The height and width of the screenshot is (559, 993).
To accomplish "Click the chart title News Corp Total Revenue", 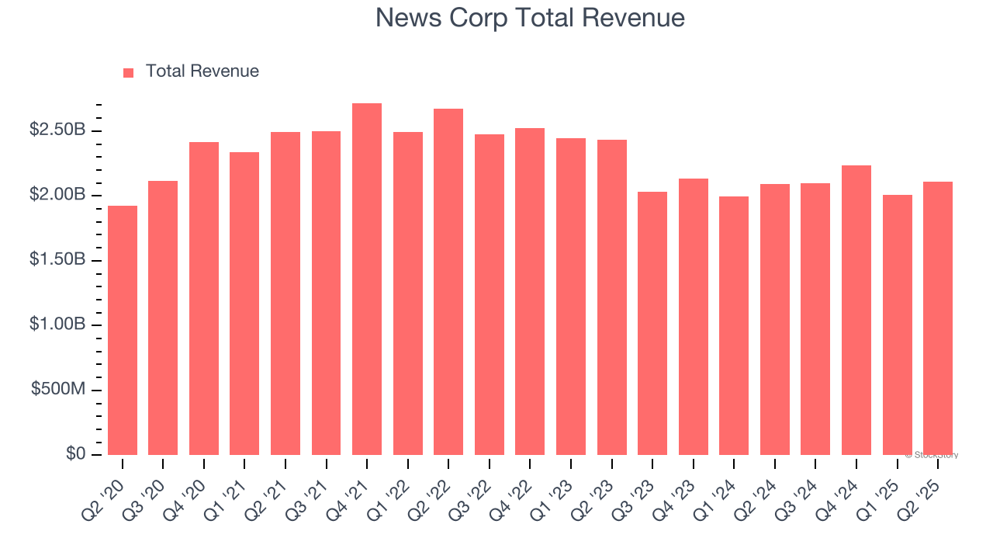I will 530,18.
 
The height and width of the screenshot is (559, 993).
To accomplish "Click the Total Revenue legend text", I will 202,71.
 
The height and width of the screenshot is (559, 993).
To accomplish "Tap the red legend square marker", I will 129,72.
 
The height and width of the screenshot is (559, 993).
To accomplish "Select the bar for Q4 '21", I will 367,279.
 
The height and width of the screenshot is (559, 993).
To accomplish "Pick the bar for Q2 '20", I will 123,330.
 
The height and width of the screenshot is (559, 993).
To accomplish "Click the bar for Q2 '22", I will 448,282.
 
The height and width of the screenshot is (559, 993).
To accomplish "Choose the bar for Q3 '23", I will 652,323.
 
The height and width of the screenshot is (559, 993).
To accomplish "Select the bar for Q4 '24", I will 856,311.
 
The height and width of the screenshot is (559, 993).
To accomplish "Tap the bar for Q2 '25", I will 938,318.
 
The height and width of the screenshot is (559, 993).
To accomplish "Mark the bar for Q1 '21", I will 244,304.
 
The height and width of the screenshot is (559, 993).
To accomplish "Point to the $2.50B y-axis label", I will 57,130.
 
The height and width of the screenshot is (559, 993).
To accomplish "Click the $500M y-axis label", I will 58,389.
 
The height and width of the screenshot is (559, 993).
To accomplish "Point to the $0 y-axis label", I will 75,453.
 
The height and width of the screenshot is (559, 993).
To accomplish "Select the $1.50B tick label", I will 57,259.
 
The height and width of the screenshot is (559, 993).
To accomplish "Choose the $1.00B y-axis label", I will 57,325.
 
